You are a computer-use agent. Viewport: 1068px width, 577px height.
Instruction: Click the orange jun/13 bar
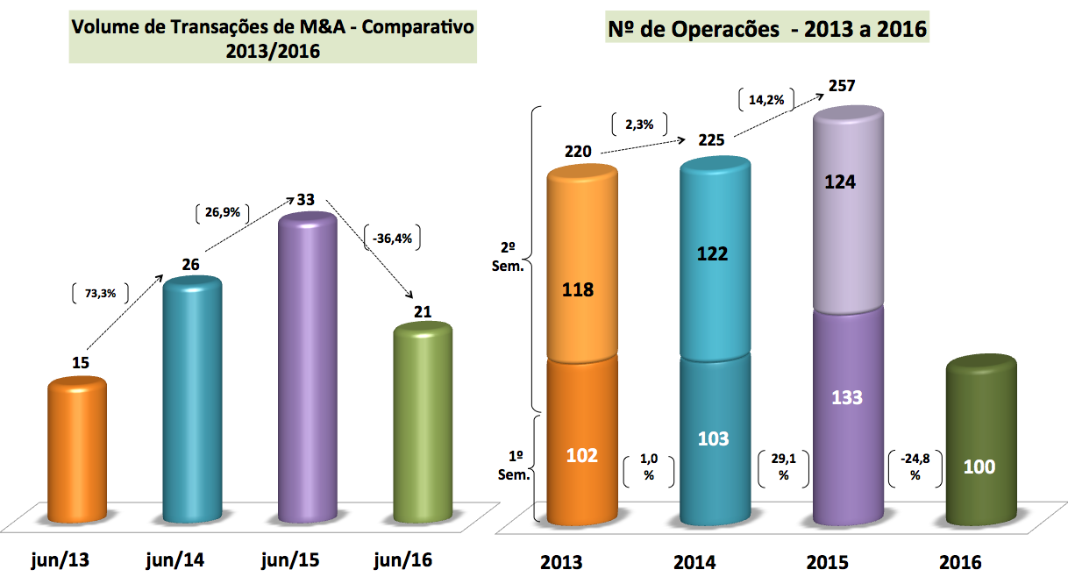pyautogui.click(x=76, y=452)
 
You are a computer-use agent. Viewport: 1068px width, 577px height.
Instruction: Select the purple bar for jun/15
pyautogui.click(x=307, y=368)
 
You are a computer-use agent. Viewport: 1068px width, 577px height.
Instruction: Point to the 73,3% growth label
pyautogui.click(x=97, y=295)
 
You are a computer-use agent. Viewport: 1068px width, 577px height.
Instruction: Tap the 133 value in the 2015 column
pyautogui.click(x=847, y=397)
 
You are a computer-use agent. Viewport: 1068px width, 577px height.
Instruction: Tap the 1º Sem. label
pyautogui.click(x=517, y=466)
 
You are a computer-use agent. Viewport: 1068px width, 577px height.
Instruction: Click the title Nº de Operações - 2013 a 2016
pyautogui.click(x=767, y=30)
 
